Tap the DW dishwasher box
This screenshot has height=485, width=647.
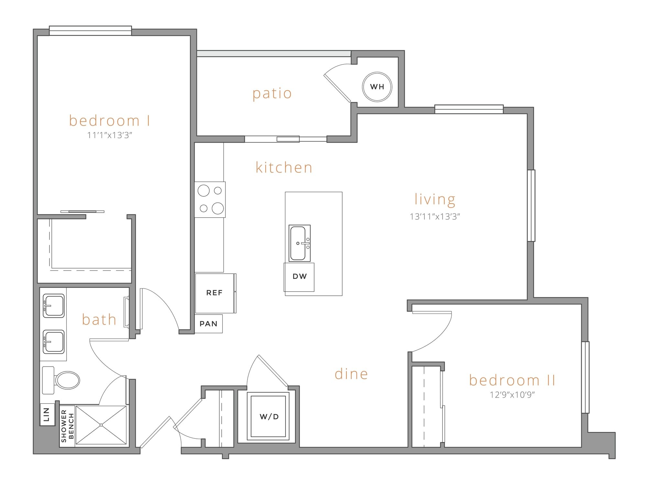point(299,277)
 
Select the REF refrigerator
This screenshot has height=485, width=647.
point(215,293)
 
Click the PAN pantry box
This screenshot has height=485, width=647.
point(208,324)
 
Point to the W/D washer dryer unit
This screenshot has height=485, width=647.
point(268,416)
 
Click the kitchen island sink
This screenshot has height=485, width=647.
point(300,243)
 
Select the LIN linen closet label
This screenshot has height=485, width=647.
point(47,414)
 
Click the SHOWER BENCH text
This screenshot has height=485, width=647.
point(68,426)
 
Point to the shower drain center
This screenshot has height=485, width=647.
point(101,425)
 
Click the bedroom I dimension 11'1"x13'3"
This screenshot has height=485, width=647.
point(110,135)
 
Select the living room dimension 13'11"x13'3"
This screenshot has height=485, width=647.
point(435,217)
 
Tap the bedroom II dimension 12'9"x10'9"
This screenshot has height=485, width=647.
point(512,395)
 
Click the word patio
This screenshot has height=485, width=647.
point(272,94)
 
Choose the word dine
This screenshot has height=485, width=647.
point(351,374)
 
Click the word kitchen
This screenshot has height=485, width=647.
point(284,168)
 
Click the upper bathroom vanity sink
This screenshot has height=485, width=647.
point(54,306)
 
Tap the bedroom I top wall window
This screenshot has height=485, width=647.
point(90,31)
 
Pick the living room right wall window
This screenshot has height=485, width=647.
point(531,205)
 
